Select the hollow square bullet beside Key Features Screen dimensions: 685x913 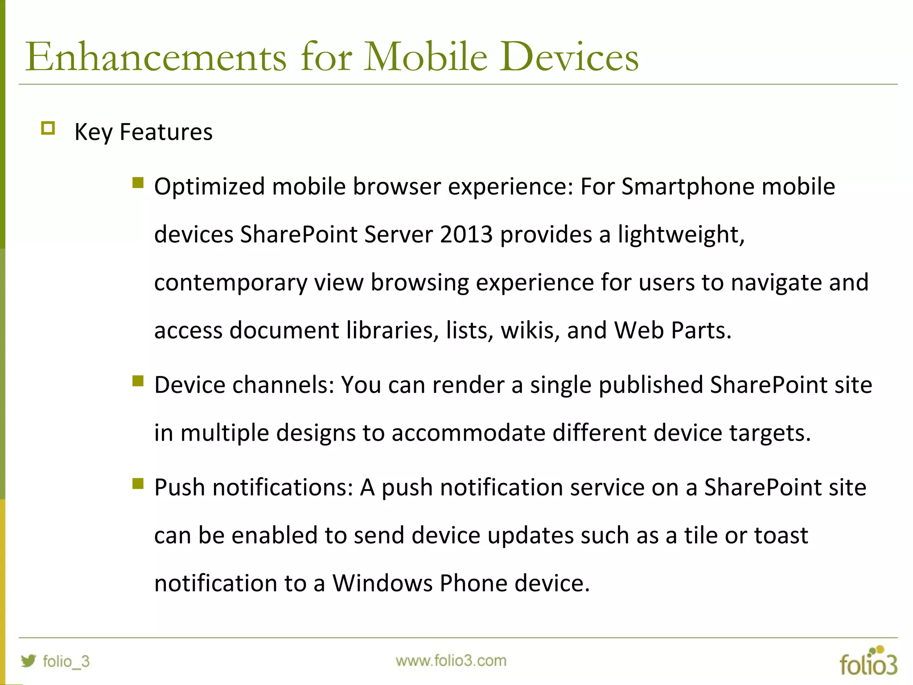48,128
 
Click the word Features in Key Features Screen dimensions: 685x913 166,132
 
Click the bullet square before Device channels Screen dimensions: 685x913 138,381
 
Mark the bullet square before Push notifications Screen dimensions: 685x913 138,483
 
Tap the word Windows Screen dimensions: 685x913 382,583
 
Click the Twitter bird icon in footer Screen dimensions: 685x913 29,660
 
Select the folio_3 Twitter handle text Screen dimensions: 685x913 66,661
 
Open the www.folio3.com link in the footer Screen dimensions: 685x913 451,660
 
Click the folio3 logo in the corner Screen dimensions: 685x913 868,661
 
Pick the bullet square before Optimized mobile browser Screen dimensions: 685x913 138,182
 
